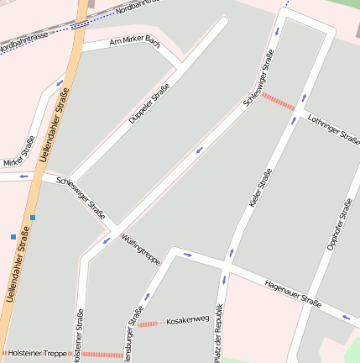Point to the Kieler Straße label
[260, 188]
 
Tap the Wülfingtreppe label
[140, 249]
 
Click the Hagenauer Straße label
[292, 292]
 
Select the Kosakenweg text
[187, 320]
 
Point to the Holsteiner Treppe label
[36, 353]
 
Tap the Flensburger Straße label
[133, 333]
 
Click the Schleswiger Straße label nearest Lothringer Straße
[258, 77]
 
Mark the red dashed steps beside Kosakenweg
[149, 324]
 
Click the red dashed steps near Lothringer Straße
[278, 102]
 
